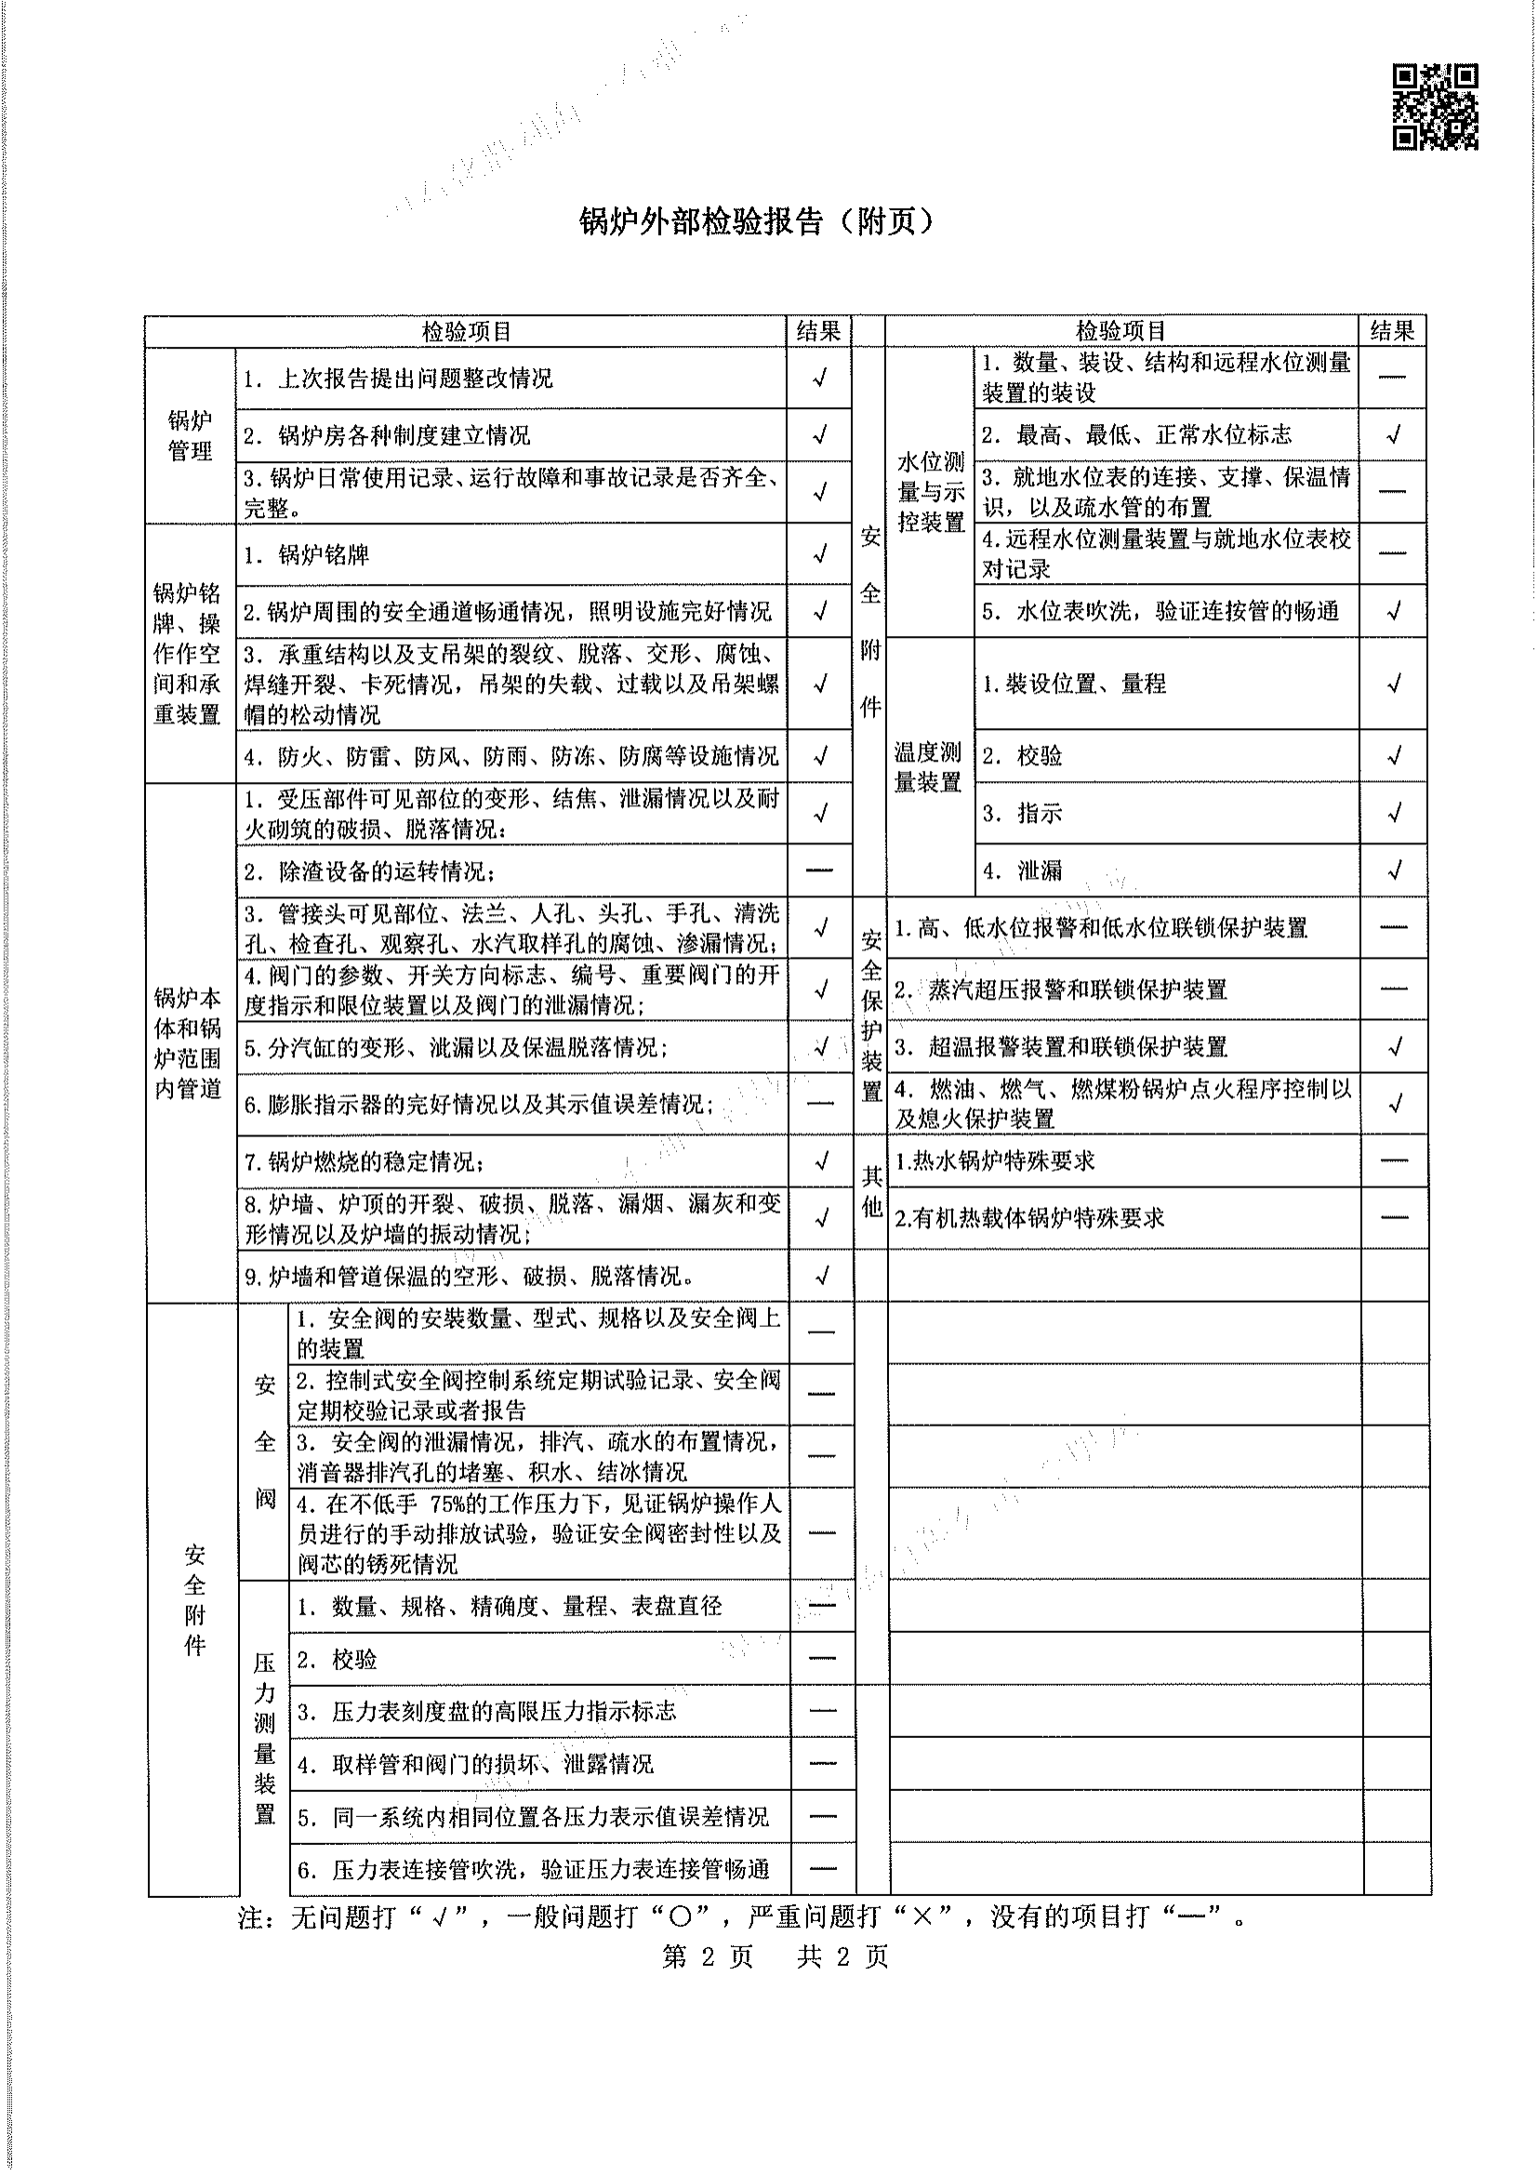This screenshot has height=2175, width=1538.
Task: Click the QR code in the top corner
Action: coord(1435,107)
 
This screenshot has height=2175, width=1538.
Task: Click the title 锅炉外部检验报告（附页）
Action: coord(757,221)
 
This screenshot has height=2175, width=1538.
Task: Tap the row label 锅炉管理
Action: coord(190,436)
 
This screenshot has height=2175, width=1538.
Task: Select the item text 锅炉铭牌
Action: coord(323,555)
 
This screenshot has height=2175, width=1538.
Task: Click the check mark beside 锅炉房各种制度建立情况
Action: coord(820,435)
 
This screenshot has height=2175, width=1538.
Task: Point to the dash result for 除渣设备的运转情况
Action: coord(819,869)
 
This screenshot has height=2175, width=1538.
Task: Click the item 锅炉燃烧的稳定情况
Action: coord(365,1162)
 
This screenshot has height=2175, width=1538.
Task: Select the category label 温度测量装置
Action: coord(928,767)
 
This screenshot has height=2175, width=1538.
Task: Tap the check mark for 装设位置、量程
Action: coord(1393,683)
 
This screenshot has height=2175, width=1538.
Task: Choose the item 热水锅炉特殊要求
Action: coord(994,1161)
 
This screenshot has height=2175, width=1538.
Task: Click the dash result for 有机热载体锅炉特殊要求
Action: coord(1394,1217)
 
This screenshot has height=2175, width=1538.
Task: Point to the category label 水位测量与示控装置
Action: coord(930,492)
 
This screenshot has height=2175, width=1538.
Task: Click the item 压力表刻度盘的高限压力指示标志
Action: coord(503,1711)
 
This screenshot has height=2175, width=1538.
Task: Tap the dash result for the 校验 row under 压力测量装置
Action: coord(822,1658)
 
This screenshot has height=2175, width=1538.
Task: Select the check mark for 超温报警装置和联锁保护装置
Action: coord(1394,1047)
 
